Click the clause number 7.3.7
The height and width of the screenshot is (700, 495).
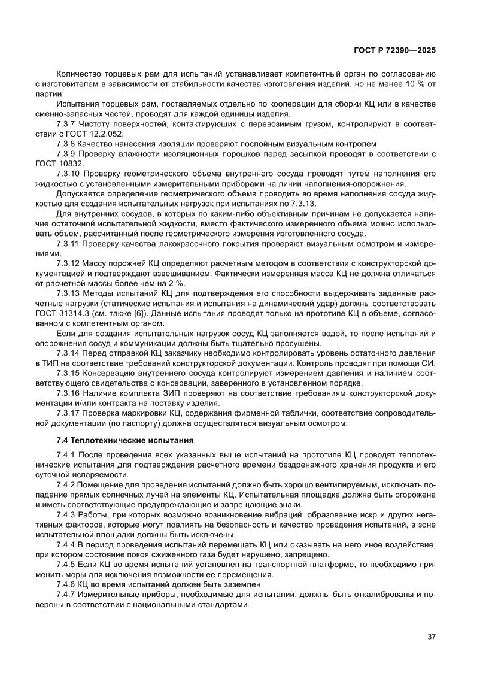(66, 125)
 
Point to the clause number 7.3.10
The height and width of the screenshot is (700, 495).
(68, 173)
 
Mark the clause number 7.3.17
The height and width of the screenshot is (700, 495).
(68, 414)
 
